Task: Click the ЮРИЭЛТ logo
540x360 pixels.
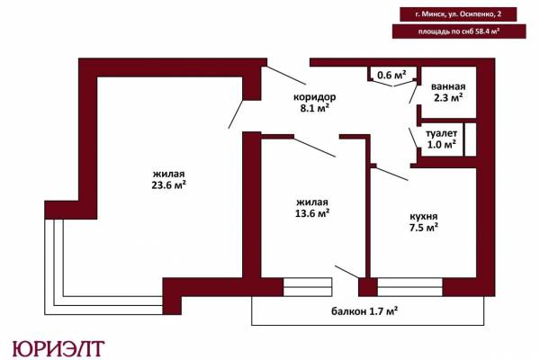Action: click(58, 348)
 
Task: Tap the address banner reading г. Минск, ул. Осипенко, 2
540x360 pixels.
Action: click(458, 14)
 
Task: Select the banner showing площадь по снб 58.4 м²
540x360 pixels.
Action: click(459, 31)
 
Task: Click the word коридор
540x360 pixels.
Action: click(314, 97)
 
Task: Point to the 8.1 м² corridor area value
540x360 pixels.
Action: click(314, 108)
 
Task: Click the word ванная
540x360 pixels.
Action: click(448, 86)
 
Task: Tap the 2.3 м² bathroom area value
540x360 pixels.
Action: click(448, 98)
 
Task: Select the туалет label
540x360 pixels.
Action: click(442, 133)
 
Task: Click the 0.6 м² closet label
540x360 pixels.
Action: click(391, 75)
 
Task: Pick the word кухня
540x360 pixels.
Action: click(424, 216)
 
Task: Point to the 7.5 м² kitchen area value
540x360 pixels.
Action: click(424, 228)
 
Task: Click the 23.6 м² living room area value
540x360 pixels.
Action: click(169, 185)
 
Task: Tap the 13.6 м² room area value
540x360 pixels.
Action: click(312, 213)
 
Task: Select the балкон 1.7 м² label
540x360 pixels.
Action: click(364, 311)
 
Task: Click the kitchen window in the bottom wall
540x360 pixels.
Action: click(409, 287)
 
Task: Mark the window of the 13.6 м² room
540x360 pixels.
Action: click(308, 287)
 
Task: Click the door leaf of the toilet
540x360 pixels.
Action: click(414, 138)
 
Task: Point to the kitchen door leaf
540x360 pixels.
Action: click(391, 174)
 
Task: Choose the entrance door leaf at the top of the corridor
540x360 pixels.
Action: click(286, 75)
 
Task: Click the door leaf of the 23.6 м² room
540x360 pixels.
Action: click(236, 114)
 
